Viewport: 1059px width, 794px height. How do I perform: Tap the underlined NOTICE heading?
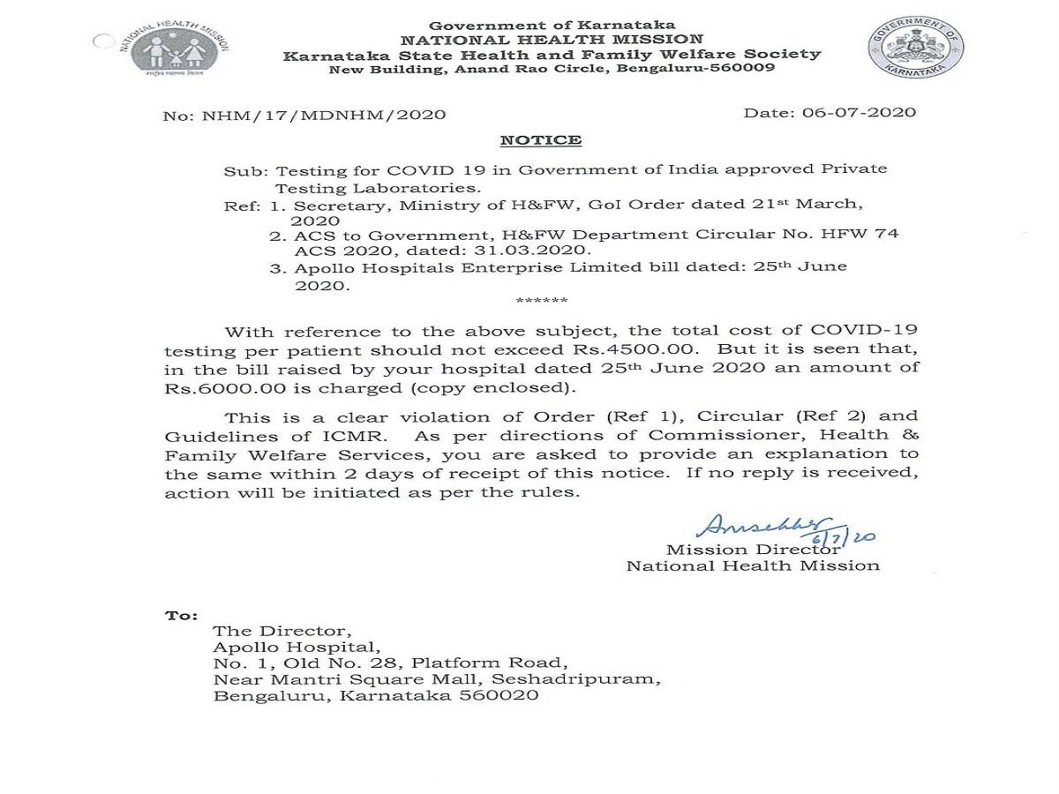[x=541, y=139]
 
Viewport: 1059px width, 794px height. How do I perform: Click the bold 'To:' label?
[x=181, y=615]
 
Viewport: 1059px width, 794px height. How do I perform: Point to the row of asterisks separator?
[x=542, y=302]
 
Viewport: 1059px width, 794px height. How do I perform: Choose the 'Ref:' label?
[x=242, y=205]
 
